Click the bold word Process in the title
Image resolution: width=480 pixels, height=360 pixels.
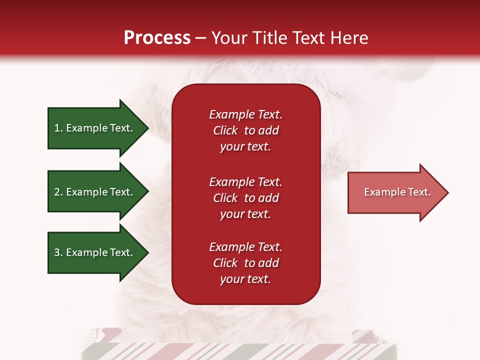157,38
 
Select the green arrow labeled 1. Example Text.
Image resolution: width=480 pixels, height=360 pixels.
95,128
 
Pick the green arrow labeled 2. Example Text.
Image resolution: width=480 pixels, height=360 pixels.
95,192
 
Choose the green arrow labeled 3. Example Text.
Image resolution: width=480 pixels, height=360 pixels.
95,252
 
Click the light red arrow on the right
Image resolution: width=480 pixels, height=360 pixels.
395,192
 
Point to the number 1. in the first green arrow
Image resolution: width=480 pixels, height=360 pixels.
58,128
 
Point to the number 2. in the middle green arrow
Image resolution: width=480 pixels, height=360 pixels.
58,192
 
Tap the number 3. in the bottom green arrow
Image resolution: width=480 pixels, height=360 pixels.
58,252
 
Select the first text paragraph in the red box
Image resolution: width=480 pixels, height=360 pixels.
245,130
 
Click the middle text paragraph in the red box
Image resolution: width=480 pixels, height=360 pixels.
245,198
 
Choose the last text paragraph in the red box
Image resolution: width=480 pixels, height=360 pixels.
245,263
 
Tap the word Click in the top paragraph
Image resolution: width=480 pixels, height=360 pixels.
225,130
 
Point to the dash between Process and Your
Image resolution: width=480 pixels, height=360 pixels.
200,38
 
